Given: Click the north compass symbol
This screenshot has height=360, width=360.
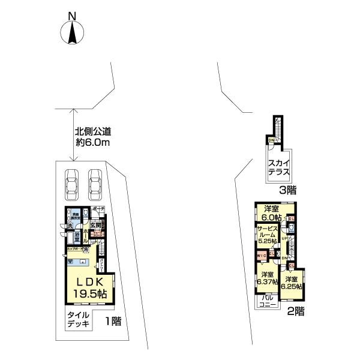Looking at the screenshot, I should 71,29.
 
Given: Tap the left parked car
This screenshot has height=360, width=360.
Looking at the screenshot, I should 71,185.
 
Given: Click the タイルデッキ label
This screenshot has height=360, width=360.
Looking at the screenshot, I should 78,319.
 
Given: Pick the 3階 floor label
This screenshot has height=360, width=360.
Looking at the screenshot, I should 287,191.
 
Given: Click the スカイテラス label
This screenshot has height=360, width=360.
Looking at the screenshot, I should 279,166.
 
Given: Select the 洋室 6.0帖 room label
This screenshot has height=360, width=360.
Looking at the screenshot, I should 271,212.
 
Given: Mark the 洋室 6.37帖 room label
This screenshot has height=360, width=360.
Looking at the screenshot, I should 267,278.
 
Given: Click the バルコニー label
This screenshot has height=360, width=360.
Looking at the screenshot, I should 268,301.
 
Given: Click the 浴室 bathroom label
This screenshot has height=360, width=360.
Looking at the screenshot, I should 78,236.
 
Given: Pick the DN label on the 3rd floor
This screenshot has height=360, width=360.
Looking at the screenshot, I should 271,140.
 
